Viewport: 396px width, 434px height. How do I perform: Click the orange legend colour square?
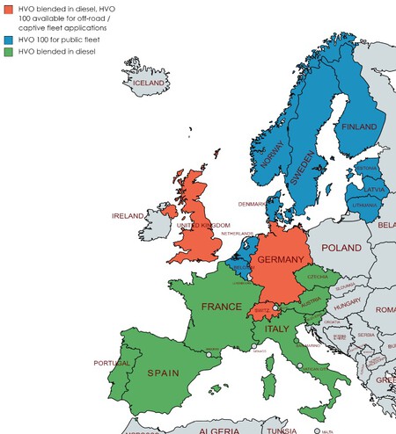[7, 9]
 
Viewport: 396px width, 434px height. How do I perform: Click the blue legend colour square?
[7, 41]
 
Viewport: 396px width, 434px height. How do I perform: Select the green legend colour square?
[7, 53]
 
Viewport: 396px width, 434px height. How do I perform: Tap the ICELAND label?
[150, 83]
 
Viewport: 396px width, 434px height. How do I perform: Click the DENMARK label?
[252, 204]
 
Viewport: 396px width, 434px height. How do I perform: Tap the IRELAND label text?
[128, 215]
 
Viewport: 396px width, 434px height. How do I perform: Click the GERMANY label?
[280, 260]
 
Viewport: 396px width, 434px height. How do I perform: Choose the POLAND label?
[341, 249]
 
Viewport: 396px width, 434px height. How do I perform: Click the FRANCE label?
[221, 307]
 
